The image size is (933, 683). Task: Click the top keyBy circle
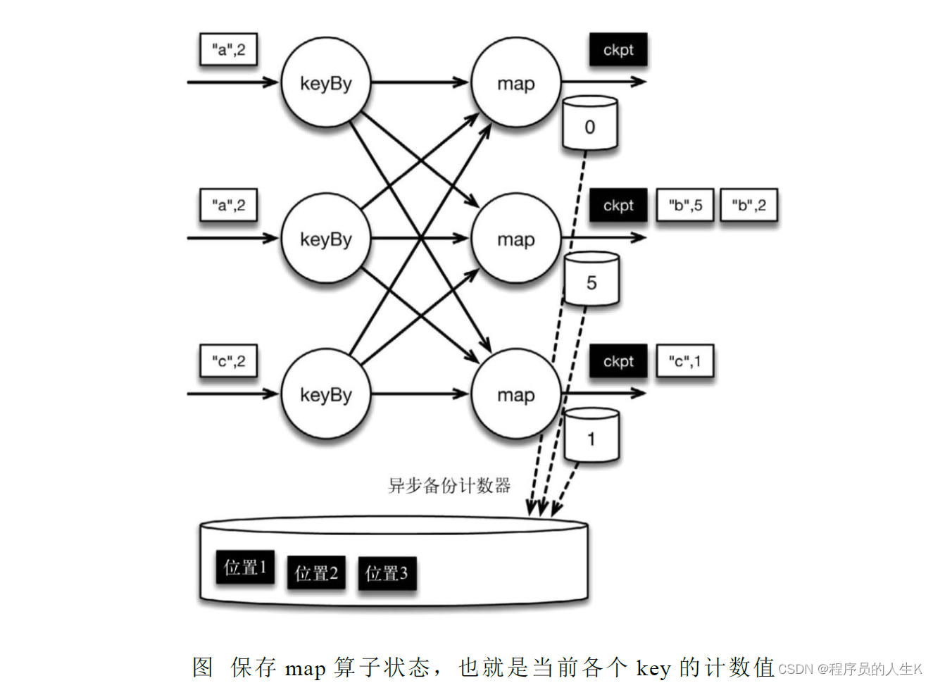click(325, 83)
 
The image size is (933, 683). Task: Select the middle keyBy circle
click(325, 239)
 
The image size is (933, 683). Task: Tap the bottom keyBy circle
click(325, 394)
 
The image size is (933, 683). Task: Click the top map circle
click(515, 83)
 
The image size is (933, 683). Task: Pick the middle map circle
click(515, 239)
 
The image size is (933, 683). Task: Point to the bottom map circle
click(515, 394)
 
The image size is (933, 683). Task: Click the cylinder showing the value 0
click(590, 125)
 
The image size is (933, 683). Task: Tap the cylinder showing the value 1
click(591, 437)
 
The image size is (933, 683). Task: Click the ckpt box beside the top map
click(618, 50)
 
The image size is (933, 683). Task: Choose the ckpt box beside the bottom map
click(618, 362)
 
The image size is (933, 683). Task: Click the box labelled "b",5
click(685, 206)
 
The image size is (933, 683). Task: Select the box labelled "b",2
click(749, 206)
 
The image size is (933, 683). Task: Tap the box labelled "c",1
click(684, 362)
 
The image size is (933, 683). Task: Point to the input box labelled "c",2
click(228, 362)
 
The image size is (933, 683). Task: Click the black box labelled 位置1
click(244, 568)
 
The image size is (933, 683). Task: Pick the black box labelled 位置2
click(316, 573)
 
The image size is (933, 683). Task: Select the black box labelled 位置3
click(387, 573)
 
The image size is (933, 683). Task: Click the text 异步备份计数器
click(449, 485)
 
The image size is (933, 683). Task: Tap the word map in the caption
click(305, 668)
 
